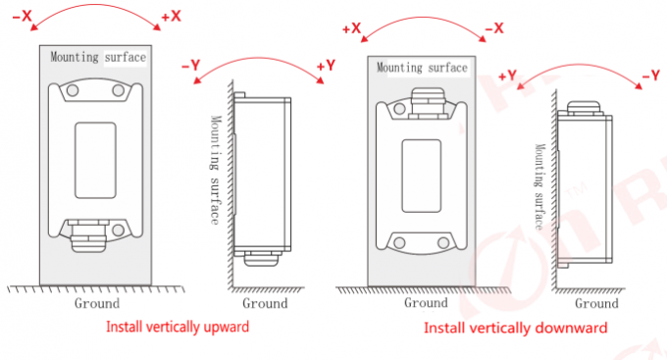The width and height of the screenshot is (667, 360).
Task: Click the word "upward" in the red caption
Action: pyautogui.click(x=226, y=328)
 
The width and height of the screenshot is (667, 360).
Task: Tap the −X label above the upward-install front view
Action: pyautogui.click(x=23, y=16)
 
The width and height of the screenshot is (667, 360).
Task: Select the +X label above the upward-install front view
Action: pyautogui.click(x=171, y=17)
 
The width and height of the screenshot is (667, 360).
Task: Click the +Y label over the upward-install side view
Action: pyautogui.click(x=326, y=66)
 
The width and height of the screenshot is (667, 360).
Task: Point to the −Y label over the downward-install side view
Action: pyautogui.click(x=651, y=76)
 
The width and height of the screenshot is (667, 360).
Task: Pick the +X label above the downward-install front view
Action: pyautogui.click(x=351, y=28)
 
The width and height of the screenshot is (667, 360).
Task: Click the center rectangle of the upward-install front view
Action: pyautogui.click(x=95, y=161)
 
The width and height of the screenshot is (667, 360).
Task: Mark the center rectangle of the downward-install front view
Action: pyautogui.click(x=421, y=176)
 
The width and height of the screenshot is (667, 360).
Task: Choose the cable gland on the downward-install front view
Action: pyautogui.click(x=428, y=103)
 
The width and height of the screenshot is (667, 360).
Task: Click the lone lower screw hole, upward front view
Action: pyautogui.click(x=119, y=231)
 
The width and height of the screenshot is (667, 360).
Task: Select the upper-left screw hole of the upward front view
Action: pyautogui.click(x=73, y=90)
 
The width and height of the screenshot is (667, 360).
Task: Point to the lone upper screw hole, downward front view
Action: pyautogui.click(x=399, y=109)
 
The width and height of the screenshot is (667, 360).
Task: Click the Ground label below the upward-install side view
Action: pyautogui.click(x=265, y=303)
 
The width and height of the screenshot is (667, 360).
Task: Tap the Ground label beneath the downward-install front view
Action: pyautogui.click(x=426, y=302)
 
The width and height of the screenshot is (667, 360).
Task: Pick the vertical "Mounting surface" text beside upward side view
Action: pyautogui.click(x=216, y=170)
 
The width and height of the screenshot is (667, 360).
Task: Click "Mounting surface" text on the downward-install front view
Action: pyautogui.click(x=422, y=68)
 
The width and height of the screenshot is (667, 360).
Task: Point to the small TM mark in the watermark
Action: pyautogui.click(x=577, y=190)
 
